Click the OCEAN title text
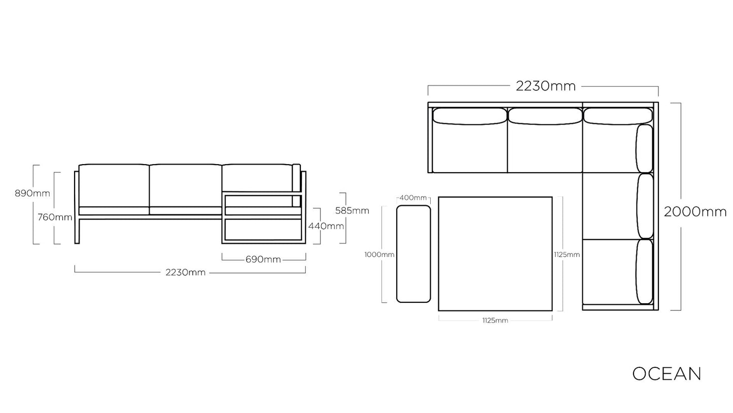667,374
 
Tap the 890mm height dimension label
32,194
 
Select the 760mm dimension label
55,217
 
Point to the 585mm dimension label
352,210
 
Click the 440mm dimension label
326,226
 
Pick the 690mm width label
263,260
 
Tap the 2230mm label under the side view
186,272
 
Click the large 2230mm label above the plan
545,86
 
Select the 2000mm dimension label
695,212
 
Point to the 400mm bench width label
413,198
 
